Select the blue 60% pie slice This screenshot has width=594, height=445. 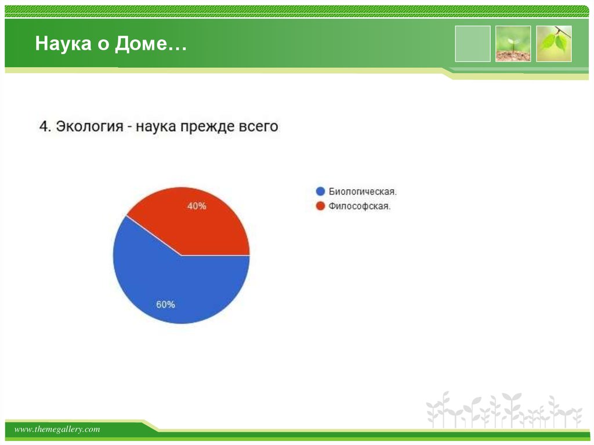coord(174,284)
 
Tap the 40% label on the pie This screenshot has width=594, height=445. coord(197,206)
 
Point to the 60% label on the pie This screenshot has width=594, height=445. coord(165,304)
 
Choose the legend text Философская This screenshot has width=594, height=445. coord(360,206)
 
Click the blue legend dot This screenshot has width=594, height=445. coord(320,191)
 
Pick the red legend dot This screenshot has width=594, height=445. coord(320,206)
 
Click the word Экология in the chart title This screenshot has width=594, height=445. coord(90,126)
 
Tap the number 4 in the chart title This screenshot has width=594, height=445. coord(44,126)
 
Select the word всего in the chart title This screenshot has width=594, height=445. coord(259,126)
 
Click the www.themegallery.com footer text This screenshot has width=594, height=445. coord(57,429)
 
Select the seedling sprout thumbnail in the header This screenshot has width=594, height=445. coord(513,44)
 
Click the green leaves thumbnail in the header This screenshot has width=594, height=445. coord(553,44)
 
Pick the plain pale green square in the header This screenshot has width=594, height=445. coord(472,44)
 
